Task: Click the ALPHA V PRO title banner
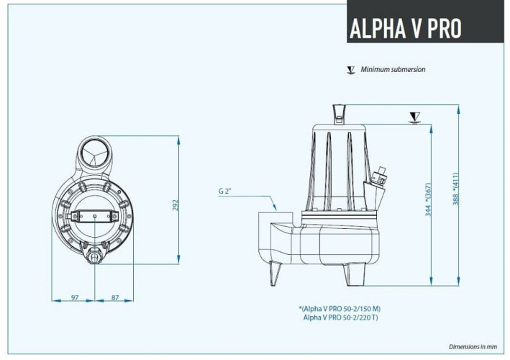tap(405, 27)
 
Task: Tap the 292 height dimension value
tap(175, 204)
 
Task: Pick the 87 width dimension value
tap(114, 297)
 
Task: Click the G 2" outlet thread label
tap(226, 192)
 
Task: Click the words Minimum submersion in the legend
tap(393, 70)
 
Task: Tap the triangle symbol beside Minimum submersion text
tap(350, 70)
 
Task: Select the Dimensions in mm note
tap(473, 346)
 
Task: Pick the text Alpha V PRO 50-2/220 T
tap(342, 317)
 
